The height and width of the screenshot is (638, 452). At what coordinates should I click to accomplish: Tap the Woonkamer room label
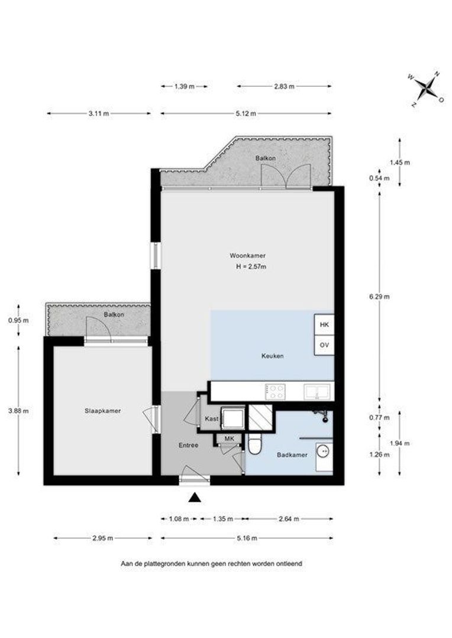(x=248, y=256)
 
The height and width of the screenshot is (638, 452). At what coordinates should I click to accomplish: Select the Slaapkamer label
(x=103, y=411)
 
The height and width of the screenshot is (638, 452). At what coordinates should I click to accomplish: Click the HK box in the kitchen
(x=324, y=325)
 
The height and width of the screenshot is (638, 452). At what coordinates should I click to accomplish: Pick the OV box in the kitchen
(x=324, y=345)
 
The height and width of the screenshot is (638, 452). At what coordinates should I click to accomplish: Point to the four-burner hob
(x=275, y=392)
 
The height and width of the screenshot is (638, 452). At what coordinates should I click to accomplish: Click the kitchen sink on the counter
(x=317, y=392)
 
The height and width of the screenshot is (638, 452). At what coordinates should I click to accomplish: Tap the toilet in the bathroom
(x=255, y=444)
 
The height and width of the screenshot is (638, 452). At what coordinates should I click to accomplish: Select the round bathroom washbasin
(x=324, y=451)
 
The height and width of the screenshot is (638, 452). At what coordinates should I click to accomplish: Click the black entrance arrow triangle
(x=196, y=497)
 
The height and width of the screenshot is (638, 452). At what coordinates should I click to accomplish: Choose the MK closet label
(x=230, y=438)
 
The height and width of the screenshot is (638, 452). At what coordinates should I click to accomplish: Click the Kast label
(x=212, y=419)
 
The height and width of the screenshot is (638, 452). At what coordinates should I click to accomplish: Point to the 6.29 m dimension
(x=379, y=297)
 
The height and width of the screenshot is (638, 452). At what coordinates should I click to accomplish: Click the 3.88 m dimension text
(x=18, y=411)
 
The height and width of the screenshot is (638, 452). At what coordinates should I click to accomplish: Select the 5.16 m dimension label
(x=247, y=538)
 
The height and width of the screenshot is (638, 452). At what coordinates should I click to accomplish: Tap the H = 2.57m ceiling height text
(x=251, y=267)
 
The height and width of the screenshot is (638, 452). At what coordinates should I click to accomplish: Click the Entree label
(x=189, y=445)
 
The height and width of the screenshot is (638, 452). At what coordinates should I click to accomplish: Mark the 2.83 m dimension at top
(x=284, y=86)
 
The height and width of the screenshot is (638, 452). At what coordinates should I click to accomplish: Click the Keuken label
(x=272, y=356)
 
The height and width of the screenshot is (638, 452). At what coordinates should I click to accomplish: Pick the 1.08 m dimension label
(x=179, y=519)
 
